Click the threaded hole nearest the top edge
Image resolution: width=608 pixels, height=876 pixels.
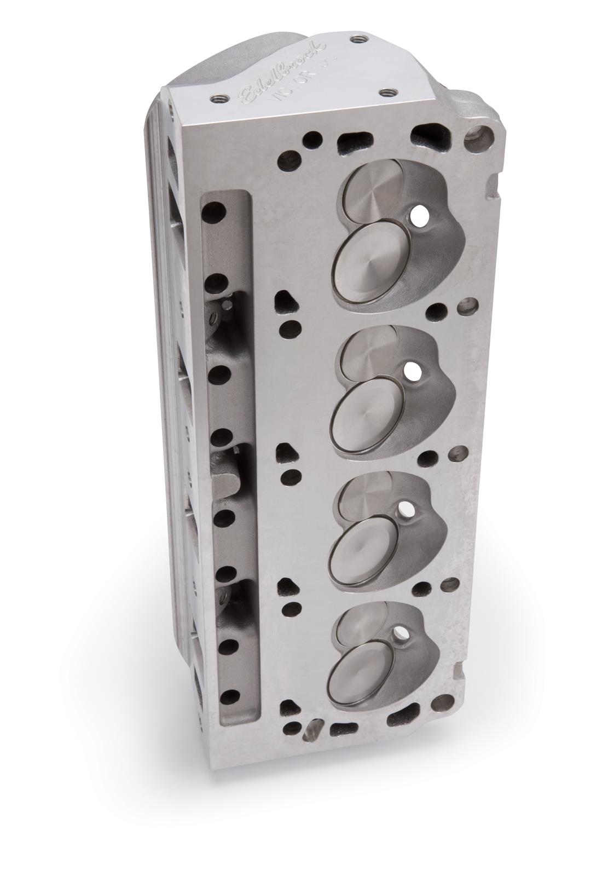click(x=358, y=38)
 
